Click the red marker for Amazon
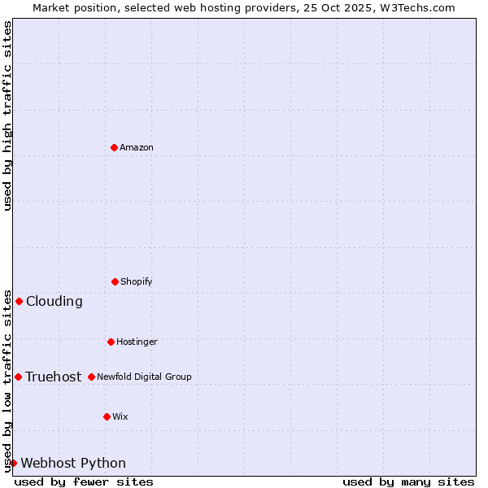(x=115, y=147)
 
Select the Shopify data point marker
(x=115, y=281)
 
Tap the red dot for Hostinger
(x=111, y=342)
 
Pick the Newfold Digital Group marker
(x=91, y=377)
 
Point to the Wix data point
(x=107, y=416)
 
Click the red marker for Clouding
(x=19, y=301)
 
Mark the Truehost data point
(x=18, y=377)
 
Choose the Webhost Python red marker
(x=13, y=463)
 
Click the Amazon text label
(x=137, y=147)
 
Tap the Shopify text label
(x=137, y=281)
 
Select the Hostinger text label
(x=137, y=342)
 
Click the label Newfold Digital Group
(x=144, y=377)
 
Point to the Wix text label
(x=120, y=416)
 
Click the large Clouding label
(x=54, y=301)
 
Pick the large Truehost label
(x=54, y=377)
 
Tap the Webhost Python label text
(x=73, y=463)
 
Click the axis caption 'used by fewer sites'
(x=84, y=481)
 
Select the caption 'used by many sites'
(x=408, y=481)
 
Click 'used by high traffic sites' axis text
(x=7, y=115)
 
